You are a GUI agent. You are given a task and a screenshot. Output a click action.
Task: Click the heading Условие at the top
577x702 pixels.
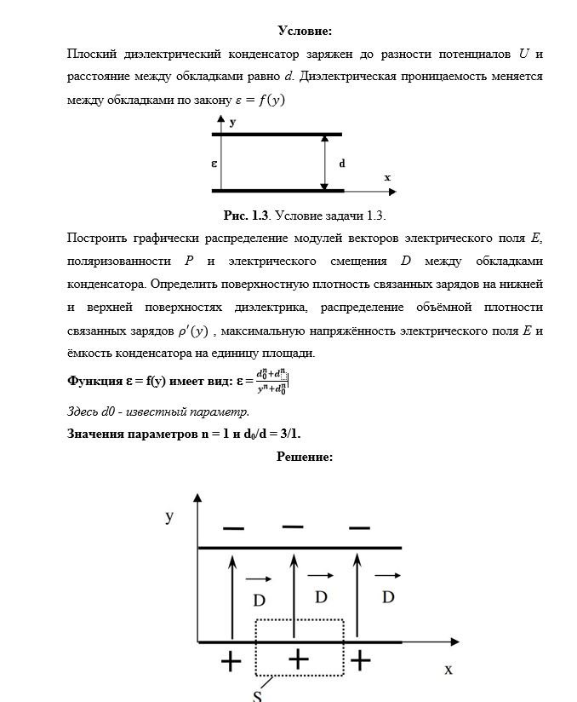[304, 32]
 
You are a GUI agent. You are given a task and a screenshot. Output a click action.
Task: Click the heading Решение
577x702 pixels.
[304, 457]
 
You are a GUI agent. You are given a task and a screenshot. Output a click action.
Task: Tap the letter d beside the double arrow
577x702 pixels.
[341, 163]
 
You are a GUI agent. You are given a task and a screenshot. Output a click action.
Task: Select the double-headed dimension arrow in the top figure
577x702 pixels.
[324, 162]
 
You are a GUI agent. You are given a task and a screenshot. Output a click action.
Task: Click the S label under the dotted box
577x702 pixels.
[257, 695]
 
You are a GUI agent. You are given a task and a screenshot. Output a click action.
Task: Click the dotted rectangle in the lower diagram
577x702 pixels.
[300, 648]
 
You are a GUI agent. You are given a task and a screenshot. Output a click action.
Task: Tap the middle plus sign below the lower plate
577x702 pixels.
[297, 659]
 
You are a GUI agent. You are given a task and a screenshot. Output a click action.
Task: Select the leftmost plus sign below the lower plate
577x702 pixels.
[230, 661]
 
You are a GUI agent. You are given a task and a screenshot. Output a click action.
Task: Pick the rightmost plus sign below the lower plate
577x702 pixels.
[361, 659]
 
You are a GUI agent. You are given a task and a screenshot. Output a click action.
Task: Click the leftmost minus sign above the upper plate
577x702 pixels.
[232, 529]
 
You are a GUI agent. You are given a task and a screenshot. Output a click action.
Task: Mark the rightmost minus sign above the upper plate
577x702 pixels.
[359, 526]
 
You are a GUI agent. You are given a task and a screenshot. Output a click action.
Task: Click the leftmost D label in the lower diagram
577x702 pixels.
[259, 600]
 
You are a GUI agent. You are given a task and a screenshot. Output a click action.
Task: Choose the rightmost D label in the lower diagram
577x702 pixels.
[388, 597]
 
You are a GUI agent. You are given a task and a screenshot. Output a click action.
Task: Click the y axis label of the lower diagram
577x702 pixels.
[169, 516]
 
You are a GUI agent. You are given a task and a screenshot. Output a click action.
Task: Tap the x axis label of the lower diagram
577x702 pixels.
[448, 670]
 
